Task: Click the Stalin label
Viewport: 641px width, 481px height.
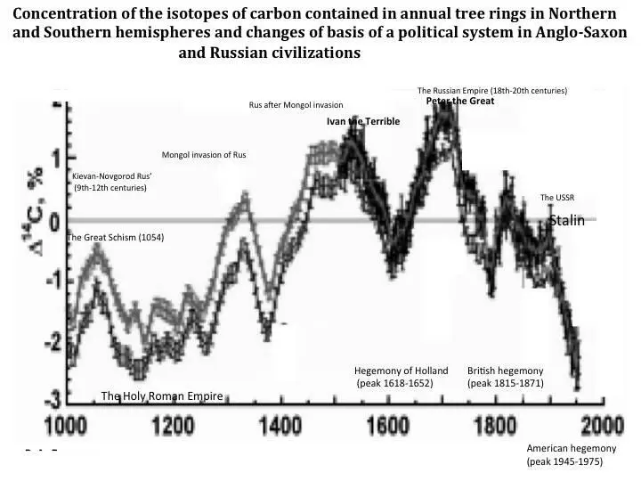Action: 566,220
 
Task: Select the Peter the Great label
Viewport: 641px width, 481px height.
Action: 459,101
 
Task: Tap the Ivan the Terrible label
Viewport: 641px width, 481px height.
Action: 363,121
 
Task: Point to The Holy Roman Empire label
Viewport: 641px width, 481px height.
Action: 161,395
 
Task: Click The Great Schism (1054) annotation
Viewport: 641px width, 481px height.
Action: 116,238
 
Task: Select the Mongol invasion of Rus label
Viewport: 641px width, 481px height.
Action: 203,155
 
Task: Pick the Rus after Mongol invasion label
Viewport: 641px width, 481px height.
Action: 296,105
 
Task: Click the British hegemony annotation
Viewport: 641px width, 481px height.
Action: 505,376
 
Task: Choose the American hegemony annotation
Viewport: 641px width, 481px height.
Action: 565,455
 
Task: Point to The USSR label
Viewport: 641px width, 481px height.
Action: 559,197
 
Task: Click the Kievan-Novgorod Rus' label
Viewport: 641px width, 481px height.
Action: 111,182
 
